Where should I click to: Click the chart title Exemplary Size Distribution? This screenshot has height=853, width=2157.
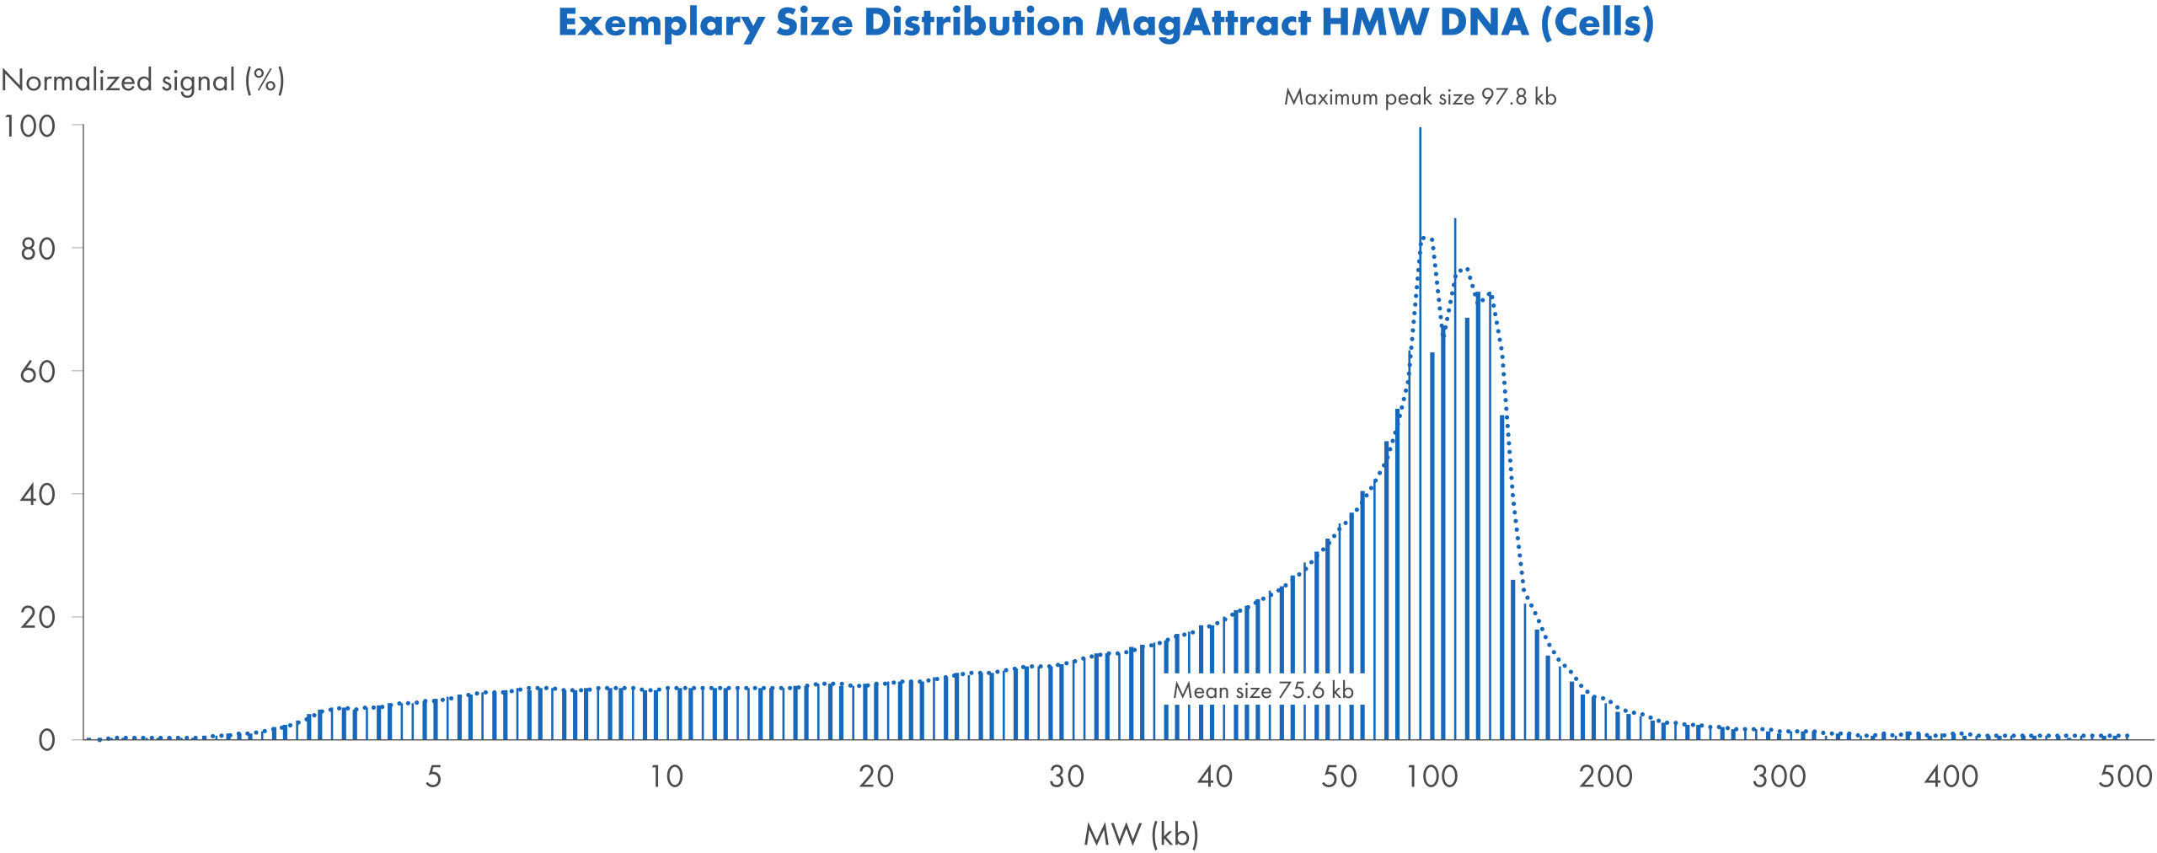tap(1105, 23)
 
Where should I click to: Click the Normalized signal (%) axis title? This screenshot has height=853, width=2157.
tap(143, 81)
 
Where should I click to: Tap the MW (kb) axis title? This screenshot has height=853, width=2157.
tap(1141, 834)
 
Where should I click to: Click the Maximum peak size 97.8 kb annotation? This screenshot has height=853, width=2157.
tap(1420, 97)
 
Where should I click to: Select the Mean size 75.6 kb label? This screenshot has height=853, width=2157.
tap(1262, 690)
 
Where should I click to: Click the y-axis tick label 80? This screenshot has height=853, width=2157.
tap(38, 249)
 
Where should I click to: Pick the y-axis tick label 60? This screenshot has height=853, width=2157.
tap(38, 372)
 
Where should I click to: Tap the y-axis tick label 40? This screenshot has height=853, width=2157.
tap(38, 495)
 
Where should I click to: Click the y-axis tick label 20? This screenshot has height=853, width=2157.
tap(38, 618)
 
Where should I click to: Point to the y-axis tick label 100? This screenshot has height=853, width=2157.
tap(29, 126)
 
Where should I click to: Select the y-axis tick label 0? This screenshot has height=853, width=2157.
tap(47, 740)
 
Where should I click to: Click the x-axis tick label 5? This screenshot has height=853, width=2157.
tap(433, 776)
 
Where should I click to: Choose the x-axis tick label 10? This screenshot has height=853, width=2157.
tap(666, 776)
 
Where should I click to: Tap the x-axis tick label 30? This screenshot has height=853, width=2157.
tap(1066, 776)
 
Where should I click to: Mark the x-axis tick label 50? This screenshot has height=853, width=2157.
tap(1339, 776)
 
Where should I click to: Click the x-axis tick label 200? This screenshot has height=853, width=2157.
tap(1605, 776)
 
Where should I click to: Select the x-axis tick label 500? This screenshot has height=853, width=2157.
tap(2125, 776)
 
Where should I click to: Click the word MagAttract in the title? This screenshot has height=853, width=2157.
tap(1202, 23)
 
